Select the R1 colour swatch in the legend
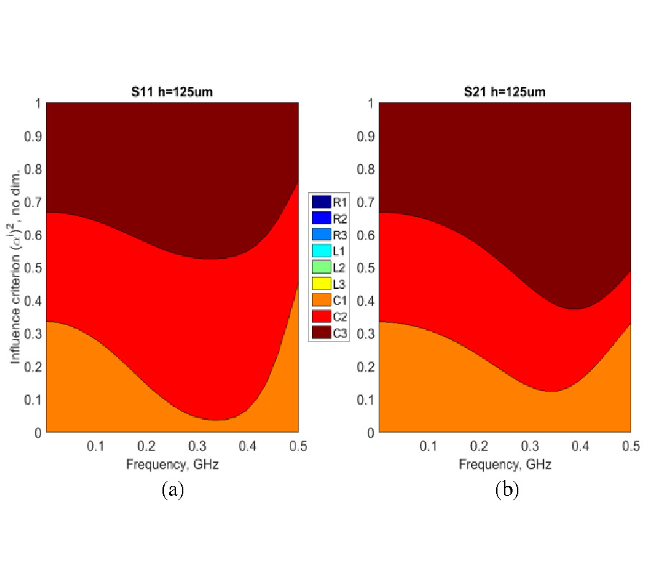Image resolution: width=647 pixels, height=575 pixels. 321,202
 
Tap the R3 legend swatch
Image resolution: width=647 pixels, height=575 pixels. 321,234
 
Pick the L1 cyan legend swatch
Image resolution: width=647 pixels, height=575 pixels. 321,251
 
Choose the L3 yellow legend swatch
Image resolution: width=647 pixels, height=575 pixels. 321,283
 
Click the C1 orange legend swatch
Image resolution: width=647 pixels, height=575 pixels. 321,300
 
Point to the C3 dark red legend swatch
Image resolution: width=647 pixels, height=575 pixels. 321,332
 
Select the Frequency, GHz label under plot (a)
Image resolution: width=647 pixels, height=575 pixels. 173,464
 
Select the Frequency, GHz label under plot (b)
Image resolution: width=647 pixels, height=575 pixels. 505,464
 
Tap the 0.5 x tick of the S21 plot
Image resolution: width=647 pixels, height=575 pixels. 631,446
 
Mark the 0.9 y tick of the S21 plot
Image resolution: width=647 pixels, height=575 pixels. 365,136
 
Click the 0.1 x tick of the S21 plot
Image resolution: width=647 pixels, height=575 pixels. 429,446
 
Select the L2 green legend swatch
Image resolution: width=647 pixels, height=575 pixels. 321,267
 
